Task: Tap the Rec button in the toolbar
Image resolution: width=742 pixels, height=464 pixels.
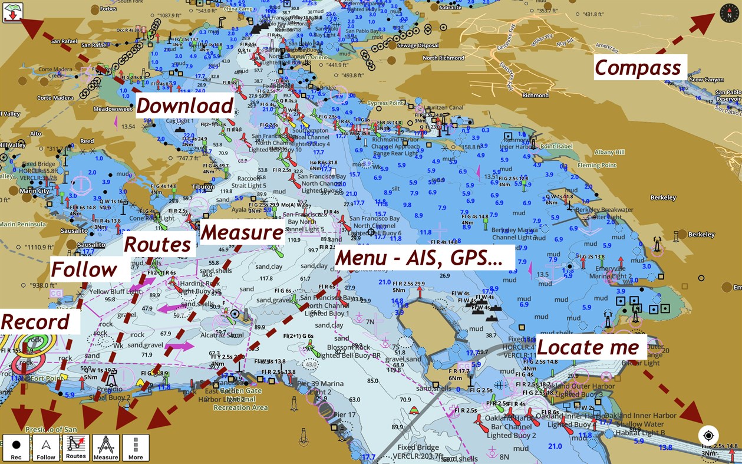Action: (16, 448)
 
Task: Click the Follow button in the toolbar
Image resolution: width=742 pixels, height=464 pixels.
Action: (46, 448)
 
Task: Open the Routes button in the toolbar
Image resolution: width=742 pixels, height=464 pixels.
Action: (76, 448)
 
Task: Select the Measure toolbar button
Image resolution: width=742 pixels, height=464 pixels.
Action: (106, 448)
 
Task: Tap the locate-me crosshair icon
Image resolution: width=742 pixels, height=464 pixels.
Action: (708, 436)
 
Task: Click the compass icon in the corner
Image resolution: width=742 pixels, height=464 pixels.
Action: (728, 12)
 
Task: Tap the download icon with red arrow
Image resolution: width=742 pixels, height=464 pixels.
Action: (12, 12)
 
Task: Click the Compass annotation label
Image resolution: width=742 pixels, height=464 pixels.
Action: (638, 68)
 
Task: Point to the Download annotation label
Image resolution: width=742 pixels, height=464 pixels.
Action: (185, 106)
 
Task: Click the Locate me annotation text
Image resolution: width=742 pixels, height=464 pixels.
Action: (588, 347)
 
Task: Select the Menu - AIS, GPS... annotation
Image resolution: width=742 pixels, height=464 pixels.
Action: (419, 258)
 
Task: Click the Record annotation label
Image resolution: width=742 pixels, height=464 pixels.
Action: (35, 322)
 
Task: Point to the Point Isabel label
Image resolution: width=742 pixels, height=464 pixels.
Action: (556, 146)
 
